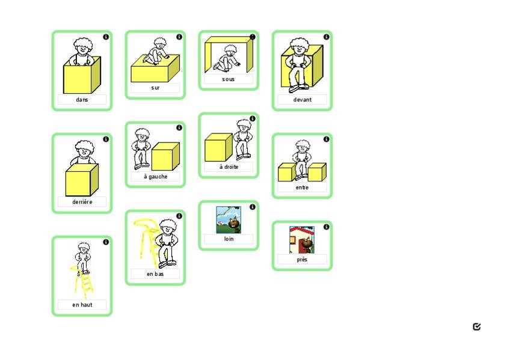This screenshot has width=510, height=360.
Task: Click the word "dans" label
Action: tap(82, 100)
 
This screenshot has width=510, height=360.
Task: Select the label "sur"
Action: tap(155, 88)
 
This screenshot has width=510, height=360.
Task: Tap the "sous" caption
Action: tap(229, 79)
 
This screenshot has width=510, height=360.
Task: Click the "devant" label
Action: tap(302, 100)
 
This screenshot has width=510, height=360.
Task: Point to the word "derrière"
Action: tap(82, 202)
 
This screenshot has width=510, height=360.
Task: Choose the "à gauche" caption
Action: tap(155, 177)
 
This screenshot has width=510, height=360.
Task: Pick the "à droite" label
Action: tap(229, 167)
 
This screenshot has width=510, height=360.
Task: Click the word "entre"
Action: tap(302, 188)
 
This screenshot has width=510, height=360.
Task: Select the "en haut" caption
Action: tap(82, 305)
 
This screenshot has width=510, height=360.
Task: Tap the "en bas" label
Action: tap(155, 274)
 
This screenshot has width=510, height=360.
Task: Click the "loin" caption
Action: tap(229, 239)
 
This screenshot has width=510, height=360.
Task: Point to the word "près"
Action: tap(302, 260)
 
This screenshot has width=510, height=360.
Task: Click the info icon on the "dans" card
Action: tap(106, 37)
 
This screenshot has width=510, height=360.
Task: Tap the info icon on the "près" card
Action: tap(326, 227)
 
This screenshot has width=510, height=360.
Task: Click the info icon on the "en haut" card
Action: tap(106, 242)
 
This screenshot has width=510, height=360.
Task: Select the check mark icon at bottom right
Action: tap(477, 326)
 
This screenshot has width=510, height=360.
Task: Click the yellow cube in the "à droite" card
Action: tap(218, 147)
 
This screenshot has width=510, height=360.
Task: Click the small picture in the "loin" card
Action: tap(229, 219)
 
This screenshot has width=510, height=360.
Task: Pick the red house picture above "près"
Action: tap(302, 240)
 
